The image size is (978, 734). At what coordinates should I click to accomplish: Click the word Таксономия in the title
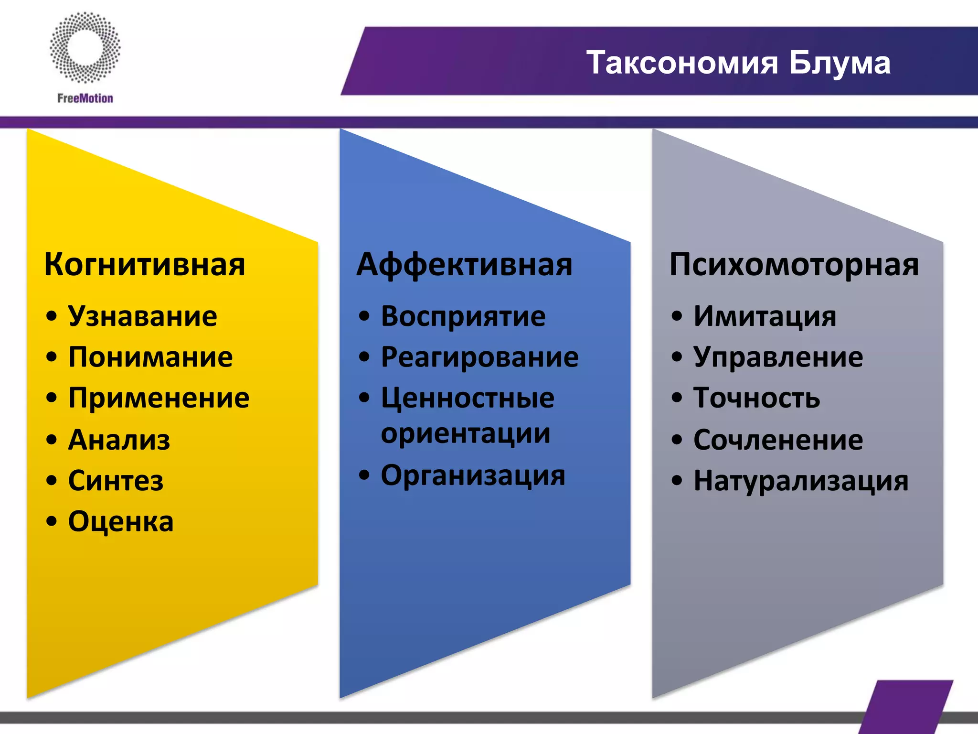(683, 63)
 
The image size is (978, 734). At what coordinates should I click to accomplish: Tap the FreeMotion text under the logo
(85, 98)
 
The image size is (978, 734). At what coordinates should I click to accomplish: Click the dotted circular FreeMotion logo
(85, 47)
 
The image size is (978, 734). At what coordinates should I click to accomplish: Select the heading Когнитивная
(144, 264)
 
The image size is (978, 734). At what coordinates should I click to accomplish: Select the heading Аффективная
(464, 264)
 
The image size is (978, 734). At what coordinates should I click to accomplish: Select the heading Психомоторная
(794, 264)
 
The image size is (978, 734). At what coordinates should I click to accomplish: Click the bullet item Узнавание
(142, 316)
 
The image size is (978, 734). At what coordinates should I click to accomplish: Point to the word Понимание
(150, 357)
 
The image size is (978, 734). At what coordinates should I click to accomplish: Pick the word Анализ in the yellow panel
(119, 440)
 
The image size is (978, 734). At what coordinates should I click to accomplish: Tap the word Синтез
(116, 481)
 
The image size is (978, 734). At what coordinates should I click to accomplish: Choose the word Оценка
(120, 521)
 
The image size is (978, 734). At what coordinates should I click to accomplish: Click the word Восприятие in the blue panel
(463, 316)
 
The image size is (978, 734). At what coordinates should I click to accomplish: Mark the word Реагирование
(479, 357)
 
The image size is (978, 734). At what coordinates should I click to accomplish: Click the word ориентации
(466, 434)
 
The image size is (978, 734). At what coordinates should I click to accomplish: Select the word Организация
(473, 475)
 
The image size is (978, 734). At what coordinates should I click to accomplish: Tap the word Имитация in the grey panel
(765, 316)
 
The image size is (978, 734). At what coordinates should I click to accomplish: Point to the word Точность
(756, 398)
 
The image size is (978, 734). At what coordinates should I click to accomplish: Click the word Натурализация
(801, 481)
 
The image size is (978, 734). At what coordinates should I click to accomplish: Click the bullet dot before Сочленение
(677, 440)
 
